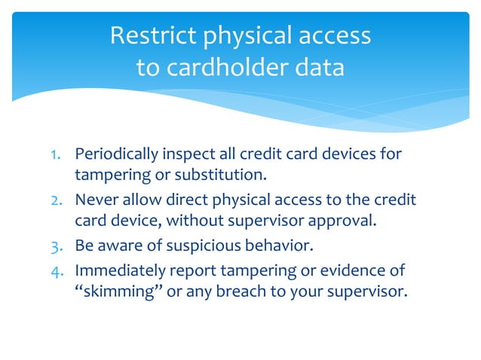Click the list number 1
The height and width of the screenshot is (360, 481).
[x=56, y=155]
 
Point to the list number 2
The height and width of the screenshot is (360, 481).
[x=56, y=202]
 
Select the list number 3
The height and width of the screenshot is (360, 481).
[x=56, y=246]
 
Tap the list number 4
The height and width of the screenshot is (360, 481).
[x=56, y=270]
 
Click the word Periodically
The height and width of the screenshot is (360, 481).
[x=116, y=155]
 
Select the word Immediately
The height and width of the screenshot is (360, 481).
[x=115, y=270]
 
